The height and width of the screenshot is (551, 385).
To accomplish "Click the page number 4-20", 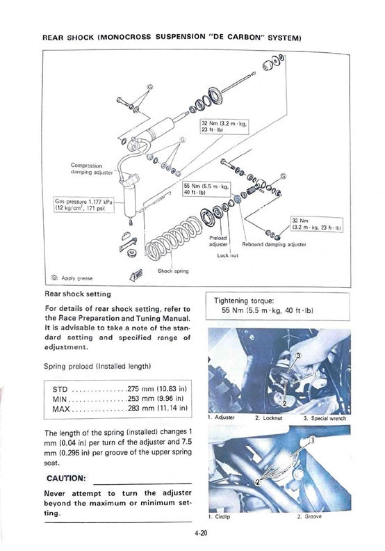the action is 202,533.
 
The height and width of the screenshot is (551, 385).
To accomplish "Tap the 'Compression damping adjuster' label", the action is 92,168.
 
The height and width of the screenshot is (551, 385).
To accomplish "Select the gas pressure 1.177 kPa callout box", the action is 84,205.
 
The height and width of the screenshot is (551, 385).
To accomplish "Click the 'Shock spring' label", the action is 173,271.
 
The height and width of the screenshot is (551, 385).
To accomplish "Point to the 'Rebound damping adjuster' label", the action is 274,244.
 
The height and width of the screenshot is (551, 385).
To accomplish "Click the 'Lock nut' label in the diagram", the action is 227,255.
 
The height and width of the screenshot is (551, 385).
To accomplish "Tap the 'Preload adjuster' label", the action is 218,241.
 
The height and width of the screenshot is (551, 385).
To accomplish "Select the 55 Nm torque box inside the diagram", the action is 206,189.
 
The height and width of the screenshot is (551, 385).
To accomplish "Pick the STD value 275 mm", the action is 157,389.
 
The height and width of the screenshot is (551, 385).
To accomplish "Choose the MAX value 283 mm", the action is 157,408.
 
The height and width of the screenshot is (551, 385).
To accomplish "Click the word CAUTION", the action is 66,478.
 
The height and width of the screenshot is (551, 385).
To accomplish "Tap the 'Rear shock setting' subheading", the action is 78,294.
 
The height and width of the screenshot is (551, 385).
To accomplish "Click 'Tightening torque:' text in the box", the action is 244,301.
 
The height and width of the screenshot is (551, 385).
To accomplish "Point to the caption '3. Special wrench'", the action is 325,418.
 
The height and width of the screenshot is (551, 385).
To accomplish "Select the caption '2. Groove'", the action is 309,516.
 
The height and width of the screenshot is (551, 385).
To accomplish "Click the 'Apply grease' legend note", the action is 73,278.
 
